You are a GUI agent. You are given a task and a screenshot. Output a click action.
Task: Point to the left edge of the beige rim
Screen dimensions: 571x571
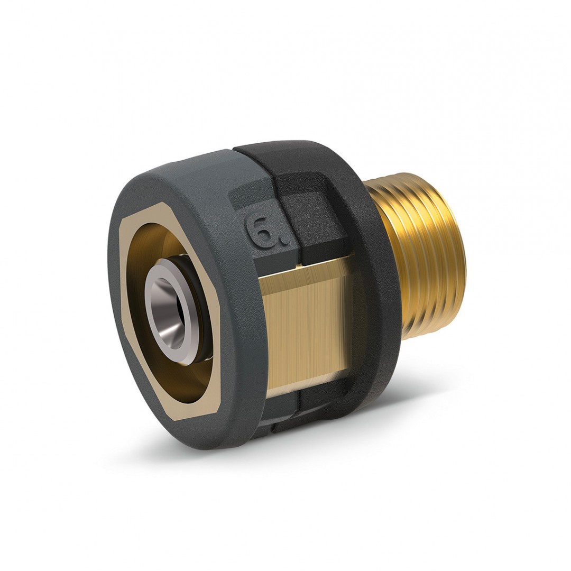tap(123, 296)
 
